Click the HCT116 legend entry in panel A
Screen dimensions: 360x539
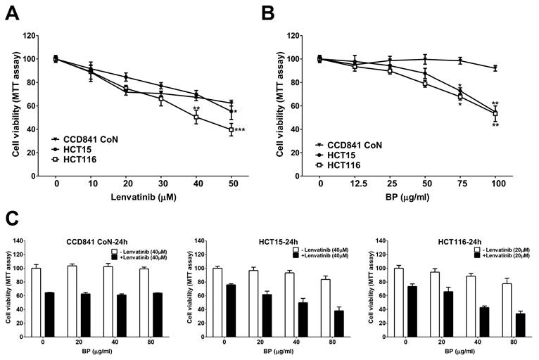(79, 160)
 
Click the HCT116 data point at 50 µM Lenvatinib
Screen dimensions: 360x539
(231, 129)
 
